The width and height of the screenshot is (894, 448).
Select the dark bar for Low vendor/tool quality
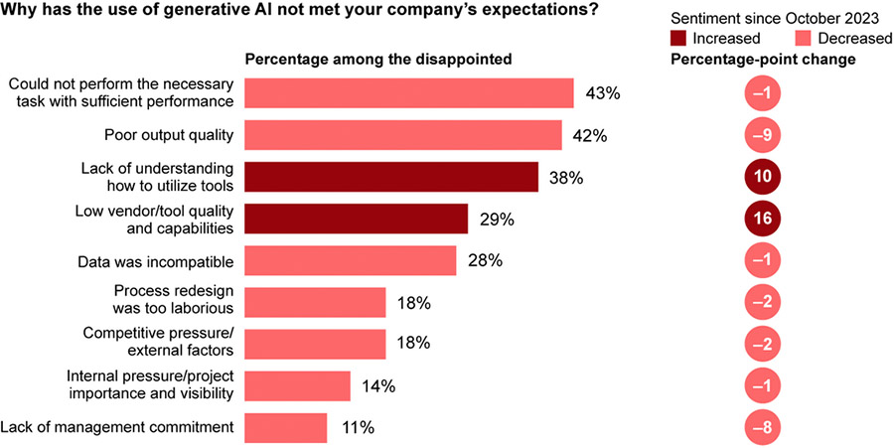tap(356, 219)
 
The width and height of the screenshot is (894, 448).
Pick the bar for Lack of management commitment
tap(285, 428)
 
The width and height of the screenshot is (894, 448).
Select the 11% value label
tap(358, 428)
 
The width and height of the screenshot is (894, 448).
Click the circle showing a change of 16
tap(763, 219)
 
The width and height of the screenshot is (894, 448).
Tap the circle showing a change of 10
tap(763, 177)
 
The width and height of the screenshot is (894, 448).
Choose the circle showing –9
tap(763, 135)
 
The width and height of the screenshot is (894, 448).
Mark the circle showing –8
tap(763, 428)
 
